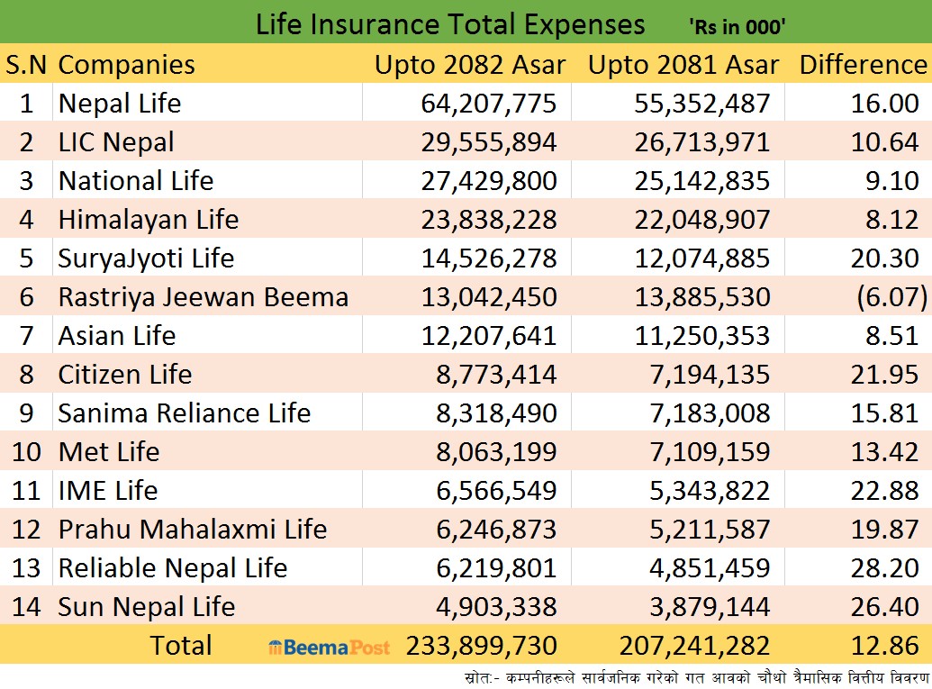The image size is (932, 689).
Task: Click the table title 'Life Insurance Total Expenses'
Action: pos(450,23)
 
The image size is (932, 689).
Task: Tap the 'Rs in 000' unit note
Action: pos(738,27)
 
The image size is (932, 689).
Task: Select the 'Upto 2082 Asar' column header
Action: pos(470,65)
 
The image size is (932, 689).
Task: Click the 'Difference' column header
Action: pos(863,65)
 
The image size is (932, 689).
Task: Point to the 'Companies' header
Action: pos(126,65)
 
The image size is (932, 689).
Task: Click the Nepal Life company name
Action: pos(120,104)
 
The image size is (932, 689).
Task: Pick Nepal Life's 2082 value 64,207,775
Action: pos(489,104)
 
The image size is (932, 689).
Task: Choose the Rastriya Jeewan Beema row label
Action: pos(203,297)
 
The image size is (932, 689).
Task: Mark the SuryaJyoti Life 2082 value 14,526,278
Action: pos(489,258)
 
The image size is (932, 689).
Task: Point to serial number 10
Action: pos(26,452)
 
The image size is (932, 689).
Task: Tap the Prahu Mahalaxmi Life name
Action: pos(192,530)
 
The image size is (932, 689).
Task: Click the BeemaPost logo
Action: pos(330,647)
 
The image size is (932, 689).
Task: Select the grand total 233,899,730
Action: pos(482,647)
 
